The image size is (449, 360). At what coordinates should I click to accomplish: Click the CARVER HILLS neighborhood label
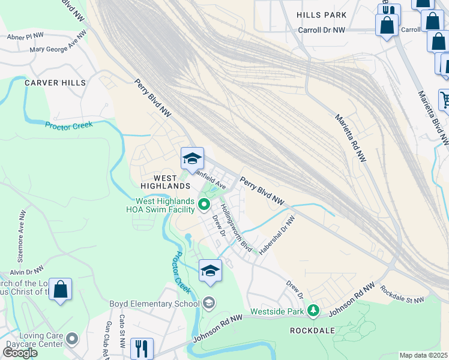55,83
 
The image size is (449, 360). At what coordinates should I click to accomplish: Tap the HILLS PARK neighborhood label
322,14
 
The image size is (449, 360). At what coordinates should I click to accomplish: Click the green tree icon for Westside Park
312,310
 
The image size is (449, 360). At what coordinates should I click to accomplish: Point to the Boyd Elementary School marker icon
209,303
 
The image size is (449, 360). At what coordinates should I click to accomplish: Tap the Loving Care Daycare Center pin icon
72,339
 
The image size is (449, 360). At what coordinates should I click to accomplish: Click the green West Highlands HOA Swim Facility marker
204,205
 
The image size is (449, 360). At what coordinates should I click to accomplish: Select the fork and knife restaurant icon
142,347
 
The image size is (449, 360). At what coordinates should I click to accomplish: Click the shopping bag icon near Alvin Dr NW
61,289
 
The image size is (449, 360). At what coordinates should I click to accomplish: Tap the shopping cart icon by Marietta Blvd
445,100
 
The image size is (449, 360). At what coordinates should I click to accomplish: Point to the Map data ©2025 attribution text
424,355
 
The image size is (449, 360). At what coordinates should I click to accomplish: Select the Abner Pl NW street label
27,36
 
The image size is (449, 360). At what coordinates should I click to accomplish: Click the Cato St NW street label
122,325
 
